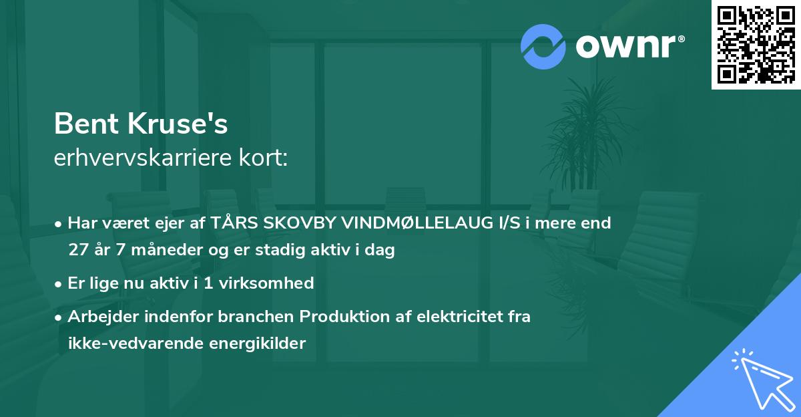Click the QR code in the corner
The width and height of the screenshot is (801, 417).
click(756, 44)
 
